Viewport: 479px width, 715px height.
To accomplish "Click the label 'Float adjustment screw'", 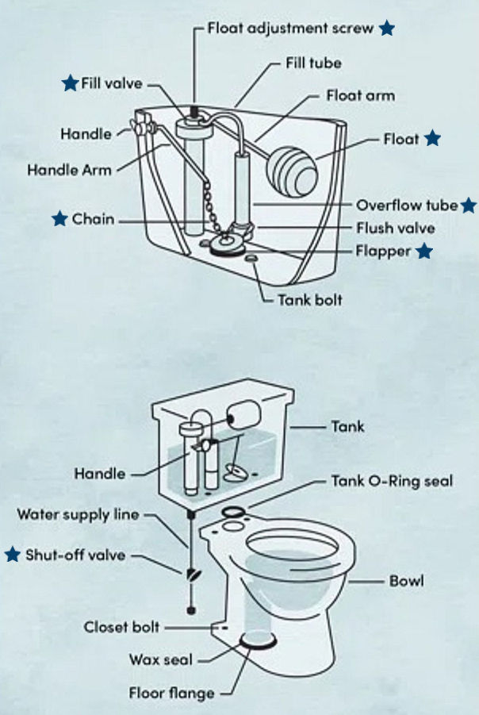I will [291, 28].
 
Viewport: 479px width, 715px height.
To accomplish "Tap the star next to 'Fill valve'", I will [71, 83].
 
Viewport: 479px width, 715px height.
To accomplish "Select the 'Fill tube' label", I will [313, 63].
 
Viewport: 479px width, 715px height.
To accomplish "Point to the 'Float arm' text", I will [360, 95].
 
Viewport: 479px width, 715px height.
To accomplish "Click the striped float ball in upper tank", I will [292, 164].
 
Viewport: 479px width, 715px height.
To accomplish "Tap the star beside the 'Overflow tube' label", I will [469, 205].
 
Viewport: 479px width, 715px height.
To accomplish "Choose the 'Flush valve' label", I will [395, 229].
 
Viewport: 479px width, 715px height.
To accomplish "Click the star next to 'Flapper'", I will [425, 252].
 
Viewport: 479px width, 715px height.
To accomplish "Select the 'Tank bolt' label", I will [309, 301].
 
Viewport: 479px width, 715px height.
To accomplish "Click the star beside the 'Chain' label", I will [59, 218].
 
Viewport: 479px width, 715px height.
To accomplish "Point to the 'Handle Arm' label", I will [70, 170].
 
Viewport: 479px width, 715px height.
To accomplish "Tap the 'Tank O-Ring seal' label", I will [391, 482].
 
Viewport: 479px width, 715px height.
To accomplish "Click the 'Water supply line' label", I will [78, 514].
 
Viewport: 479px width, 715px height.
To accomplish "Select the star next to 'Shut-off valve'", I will [12, 555].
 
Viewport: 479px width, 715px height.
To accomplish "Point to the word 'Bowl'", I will [406, 581].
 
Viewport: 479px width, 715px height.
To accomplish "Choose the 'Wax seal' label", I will [161, 659].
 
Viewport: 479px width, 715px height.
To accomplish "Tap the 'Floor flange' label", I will [172, 694].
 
